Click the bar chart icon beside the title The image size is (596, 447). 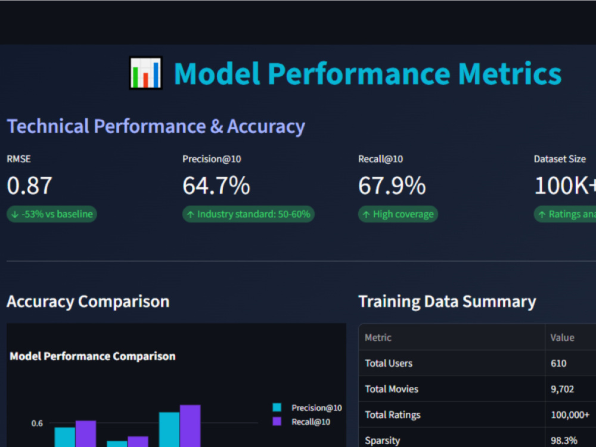(145, 73)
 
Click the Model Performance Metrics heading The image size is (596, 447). (368, 73)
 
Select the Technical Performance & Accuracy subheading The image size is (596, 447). (156, 126)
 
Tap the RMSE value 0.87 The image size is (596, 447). (30, 185)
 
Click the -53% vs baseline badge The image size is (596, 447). (52, 214)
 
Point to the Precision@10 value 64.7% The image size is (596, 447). (216, 185)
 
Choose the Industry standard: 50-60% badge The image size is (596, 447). (248, 214)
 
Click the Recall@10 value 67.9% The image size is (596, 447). (392, 185)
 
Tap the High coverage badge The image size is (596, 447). (398, 214)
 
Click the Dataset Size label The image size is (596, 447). (560, 159)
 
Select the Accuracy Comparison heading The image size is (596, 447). (88, 302)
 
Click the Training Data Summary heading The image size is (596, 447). (447, 302)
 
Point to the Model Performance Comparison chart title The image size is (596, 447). (93, 356)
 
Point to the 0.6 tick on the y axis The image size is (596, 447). (37, 423)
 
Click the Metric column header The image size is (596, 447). (378, 337)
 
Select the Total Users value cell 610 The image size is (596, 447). (558, 364)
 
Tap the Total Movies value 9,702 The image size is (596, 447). (562, 389)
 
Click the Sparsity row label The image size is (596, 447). (383, 440)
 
